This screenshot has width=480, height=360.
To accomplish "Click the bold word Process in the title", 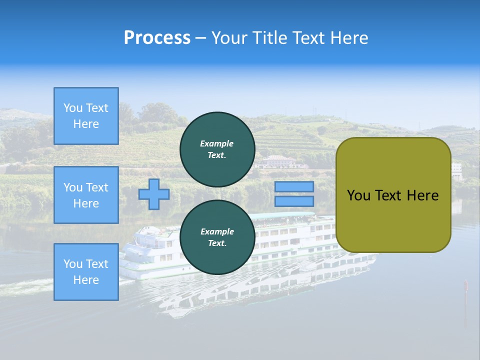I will pyautogui.click(x=157, y=38).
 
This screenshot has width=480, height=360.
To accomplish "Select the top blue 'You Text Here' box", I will pyautogui.click(x=86, y=116).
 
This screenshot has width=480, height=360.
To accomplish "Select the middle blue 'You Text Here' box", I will pyautogui.click(x=86, y=195).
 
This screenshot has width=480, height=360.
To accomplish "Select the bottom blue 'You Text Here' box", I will pyautogui.click(x=86, y=272).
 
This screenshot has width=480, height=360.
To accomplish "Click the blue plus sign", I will pyautogui.click(x=154, y=194).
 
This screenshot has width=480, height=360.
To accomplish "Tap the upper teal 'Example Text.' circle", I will pyautogui.click(x=217, y=149).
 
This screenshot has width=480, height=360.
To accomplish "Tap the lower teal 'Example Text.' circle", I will pyautogui.click(x=217, y=237).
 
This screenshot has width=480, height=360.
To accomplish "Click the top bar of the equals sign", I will pyautogui.click(x=294, y=187).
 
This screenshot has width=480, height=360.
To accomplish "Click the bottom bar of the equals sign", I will pyautogui.click(x=294, y=201).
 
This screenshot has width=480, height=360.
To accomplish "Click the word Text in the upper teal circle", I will pyautogui.click(x=217, y=155).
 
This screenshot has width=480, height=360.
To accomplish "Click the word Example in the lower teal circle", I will pyautogui.click(x=217, y=231).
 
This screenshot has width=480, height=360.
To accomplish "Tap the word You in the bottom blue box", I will pyautogui.click(x=73, y=264).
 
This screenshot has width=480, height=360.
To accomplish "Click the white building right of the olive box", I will pyautogui.click(x=456, y=170).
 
